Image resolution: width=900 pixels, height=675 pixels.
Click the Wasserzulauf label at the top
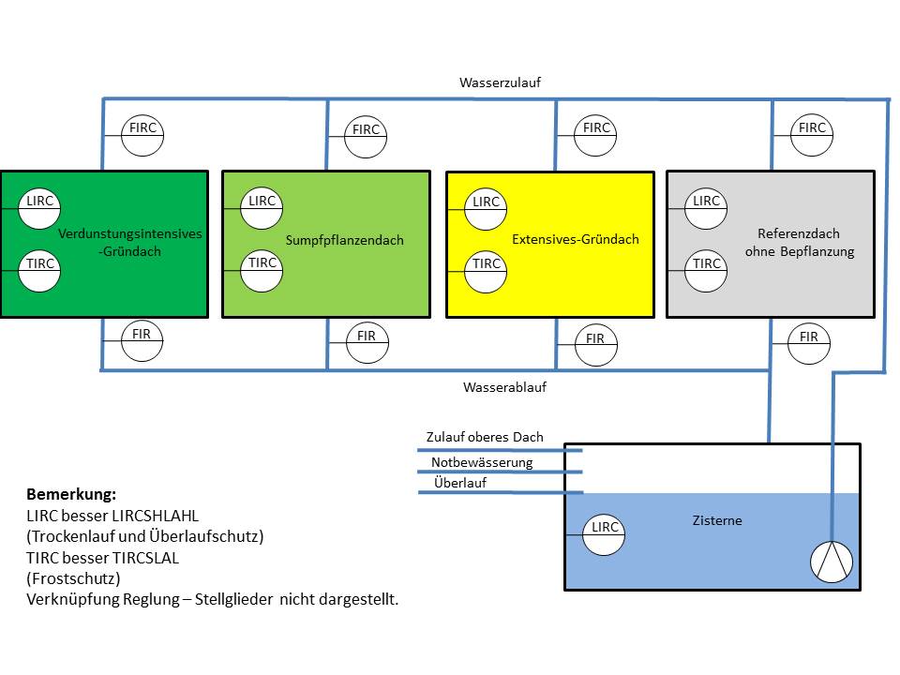click(500, 82)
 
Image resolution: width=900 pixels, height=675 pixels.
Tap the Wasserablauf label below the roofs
click(504, 387)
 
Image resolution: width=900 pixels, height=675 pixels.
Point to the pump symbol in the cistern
click(832, 561)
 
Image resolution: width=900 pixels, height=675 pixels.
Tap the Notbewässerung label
click(482, 462)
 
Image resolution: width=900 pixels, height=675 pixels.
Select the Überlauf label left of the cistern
click(460, 483)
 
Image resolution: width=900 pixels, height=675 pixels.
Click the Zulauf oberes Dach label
click(485, 437)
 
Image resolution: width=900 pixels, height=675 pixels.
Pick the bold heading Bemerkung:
click(71, 494)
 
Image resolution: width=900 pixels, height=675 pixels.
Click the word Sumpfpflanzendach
click(346, 241)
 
